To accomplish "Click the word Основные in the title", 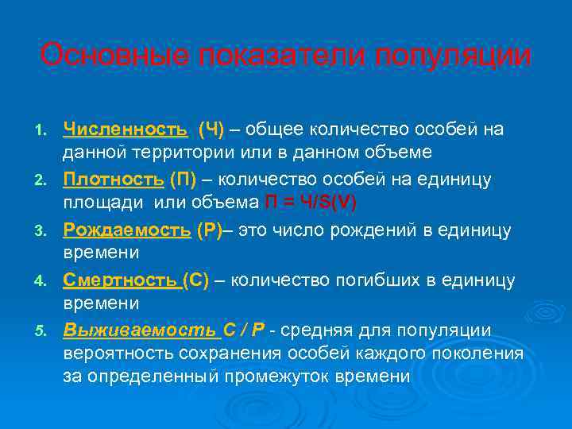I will click(99, 56).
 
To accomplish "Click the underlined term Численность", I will click(126, 129).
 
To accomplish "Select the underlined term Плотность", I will click(114, 180).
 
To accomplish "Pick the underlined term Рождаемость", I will click(127, 231).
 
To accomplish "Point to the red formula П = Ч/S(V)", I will click(311, 202).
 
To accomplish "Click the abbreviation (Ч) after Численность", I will click(211, 129).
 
